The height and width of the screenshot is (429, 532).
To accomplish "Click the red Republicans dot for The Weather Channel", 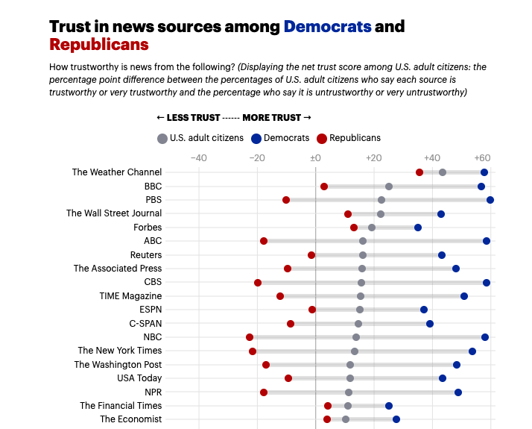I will click(419, 172).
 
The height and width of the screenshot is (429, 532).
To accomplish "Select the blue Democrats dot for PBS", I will click(490, 200).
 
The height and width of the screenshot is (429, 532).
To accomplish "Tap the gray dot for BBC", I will click(389, 187).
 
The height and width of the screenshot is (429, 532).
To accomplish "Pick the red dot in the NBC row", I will click(250, 337).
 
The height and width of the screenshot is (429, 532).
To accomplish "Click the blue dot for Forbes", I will click(418, 228).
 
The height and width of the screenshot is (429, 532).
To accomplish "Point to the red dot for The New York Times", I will click(253, 351).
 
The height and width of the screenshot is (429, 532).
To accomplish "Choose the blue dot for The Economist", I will click(396, 419).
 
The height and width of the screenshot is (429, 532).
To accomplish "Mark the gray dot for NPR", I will click(349, 392).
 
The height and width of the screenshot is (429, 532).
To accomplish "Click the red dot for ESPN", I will click(312, 310).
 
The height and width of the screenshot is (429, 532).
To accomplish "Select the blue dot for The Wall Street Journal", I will click(441, 214).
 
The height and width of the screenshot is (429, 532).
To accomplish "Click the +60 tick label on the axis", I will click(483, 158).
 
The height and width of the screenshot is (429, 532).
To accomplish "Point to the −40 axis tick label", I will click(199, 158).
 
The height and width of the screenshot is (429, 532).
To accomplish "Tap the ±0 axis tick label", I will click(316, 158).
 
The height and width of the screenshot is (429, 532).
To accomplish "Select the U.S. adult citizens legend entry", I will click(200, 138).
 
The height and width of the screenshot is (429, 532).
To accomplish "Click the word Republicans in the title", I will click(99, 45).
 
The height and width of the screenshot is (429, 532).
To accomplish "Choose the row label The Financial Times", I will click(121, 406).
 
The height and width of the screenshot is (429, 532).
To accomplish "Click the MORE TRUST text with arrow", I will click(276, 118).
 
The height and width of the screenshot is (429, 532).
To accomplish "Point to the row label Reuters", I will click(146, 255).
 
